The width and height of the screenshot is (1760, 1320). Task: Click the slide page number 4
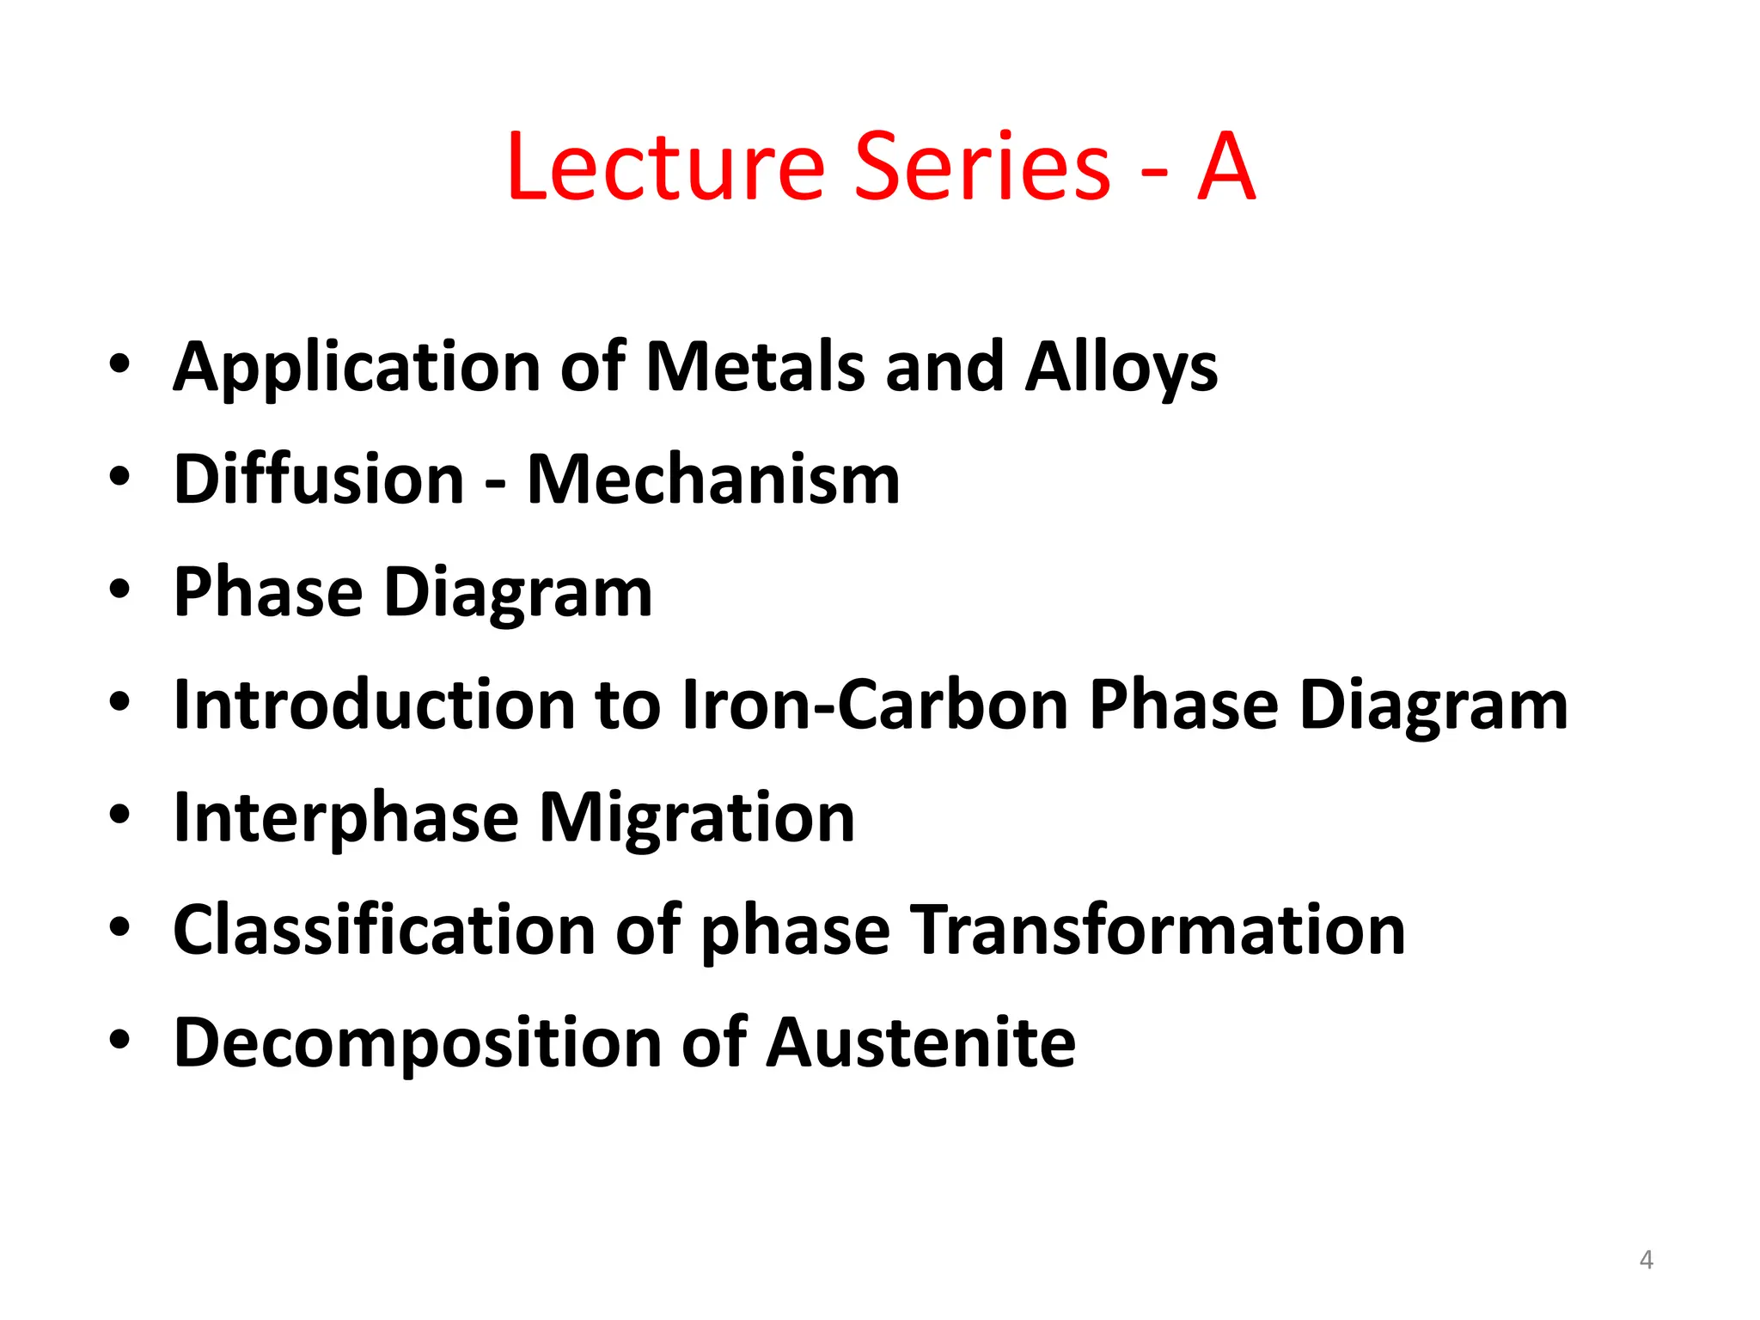tap(1646, 1260)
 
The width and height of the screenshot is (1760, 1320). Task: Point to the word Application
tap(356, 368)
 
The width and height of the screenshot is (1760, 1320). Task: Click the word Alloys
tap(1121, 368)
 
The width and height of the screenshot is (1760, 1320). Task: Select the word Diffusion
tap(319, 479)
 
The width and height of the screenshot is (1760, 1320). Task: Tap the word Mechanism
tap(713, 479)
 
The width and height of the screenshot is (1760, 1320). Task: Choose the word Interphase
tap(345, 817)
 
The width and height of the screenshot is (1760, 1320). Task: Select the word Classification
tap(384, 930)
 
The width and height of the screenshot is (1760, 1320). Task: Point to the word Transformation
tap(1158, 930)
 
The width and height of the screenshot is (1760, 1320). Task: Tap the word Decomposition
tap(417, 1042)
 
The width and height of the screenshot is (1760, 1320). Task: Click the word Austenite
tap(920, 1042)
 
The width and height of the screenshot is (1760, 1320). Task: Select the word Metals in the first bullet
tap(755, 368)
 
